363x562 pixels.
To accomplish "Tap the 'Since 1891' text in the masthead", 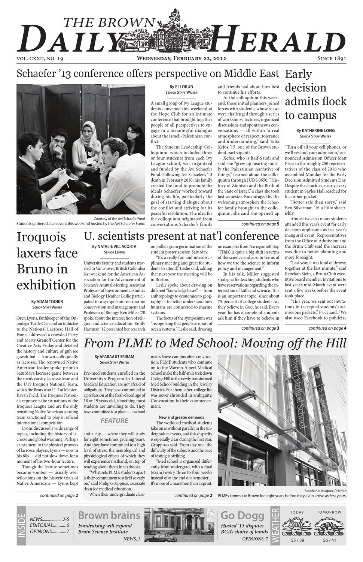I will (x=331, y=58).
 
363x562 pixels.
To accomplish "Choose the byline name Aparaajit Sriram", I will (x=116, y=357).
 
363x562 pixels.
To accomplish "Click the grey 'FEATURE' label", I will (x=114, y=421).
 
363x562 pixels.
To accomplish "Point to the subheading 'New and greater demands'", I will (x=181, y=417).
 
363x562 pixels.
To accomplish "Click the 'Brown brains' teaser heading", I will (x=109, y=515).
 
